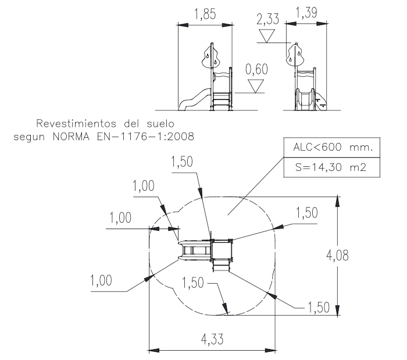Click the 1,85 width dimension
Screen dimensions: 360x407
205,15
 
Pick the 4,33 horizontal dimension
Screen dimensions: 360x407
212,338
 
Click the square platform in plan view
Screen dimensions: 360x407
222,250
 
